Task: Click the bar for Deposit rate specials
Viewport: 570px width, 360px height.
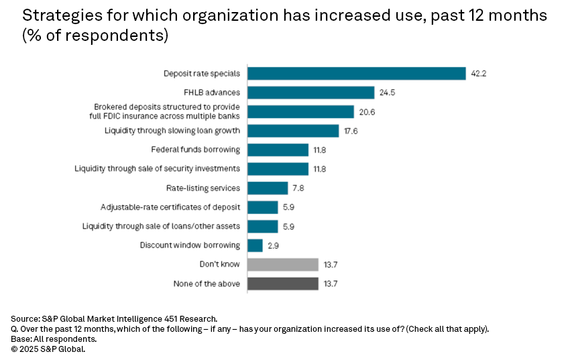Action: coord(357,73)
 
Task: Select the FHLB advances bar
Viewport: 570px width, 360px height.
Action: coord(311,93)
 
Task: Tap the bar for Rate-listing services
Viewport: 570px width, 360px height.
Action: coord(268,188)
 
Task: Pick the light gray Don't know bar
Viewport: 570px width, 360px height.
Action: coord(283,265)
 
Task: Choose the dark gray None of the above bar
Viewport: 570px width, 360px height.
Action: coord(283,284)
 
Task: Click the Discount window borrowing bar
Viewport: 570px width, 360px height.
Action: coord(255,245)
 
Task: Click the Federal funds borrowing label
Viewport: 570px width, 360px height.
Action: coord(196,150)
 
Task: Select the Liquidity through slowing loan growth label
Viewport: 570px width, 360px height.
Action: coord(172,131)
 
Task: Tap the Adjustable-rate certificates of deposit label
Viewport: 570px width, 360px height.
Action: coord(170,207)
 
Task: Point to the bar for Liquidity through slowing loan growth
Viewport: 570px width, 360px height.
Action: coord(293,131)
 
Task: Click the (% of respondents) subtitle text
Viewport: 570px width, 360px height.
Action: coord(95,36)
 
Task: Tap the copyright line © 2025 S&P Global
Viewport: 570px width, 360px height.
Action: coord(48,349)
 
